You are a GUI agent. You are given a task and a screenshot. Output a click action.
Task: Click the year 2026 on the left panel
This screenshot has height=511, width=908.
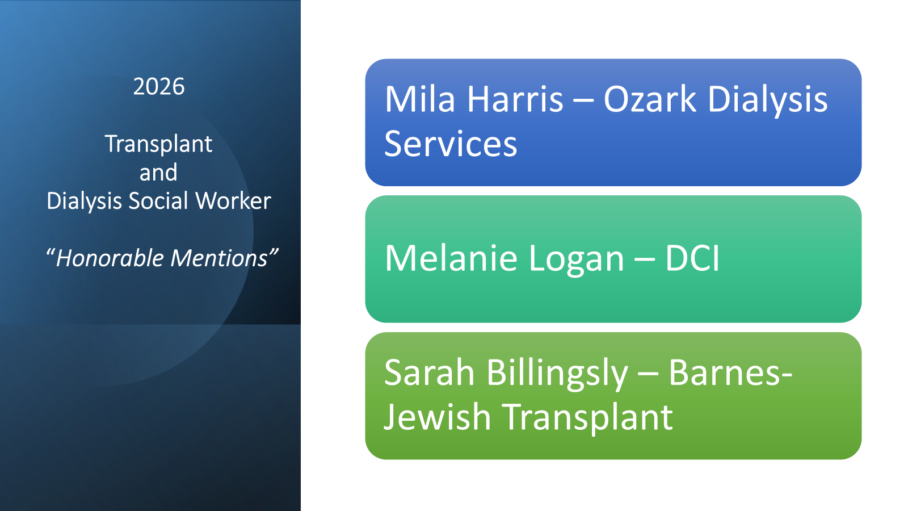(159, 86)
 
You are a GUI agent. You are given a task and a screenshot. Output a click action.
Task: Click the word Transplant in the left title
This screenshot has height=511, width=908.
(158, 144)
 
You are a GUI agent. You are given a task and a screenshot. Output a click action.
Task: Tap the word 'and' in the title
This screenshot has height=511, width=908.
(158, 173)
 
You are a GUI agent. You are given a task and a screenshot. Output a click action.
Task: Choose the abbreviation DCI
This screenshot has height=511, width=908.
(692, 258)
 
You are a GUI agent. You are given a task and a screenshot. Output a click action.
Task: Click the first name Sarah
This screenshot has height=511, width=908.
(429, 372)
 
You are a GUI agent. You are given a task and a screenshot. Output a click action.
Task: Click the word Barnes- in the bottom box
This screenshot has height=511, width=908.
(730, 372)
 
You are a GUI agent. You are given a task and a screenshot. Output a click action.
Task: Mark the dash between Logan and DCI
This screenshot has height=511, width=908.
(645, 261)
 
